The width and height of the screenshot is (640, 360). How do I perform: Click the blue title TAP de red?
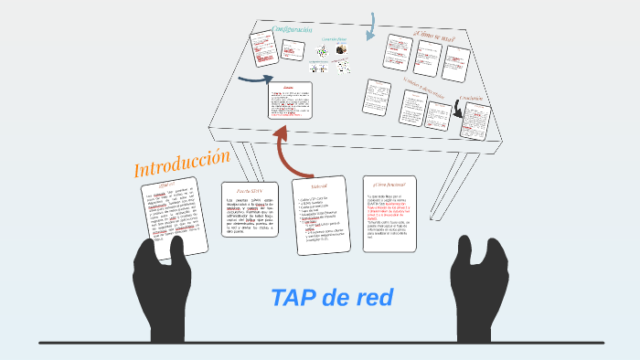pos(332,297)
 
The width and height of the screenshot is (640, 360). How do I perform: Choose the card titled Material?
pos(319,215)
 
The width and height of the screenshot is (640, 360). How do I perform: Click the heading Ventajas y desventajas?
pos(423,89)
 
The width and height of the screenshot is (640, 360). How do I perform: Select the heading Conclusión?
pos(475,97)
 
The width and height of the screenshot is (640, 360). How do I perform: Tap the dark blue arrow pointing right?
pos(252,79)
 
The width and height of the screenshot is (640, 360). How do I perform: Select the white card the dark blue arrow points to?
pos(290,101)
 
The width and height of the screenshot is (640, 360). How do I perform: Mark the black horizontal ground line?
pos(320,343)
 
